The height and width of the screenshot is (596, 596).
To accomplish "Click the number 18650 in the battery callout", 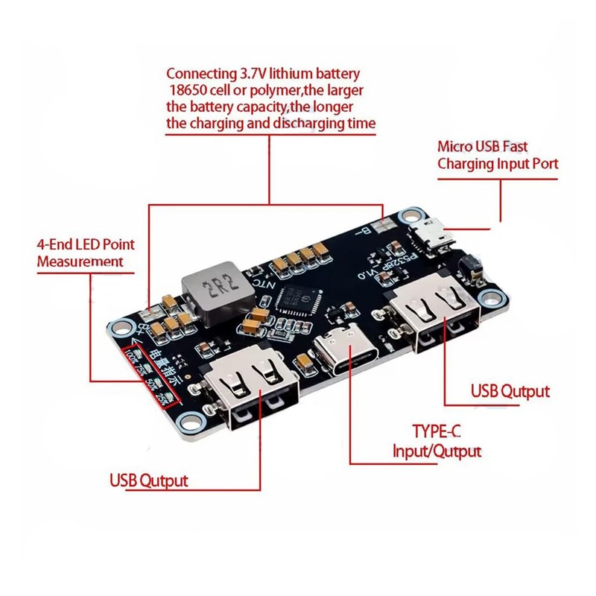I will [191, 90].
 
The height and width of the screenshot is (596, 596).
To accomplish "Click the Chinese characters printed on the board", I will [165, 367].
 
